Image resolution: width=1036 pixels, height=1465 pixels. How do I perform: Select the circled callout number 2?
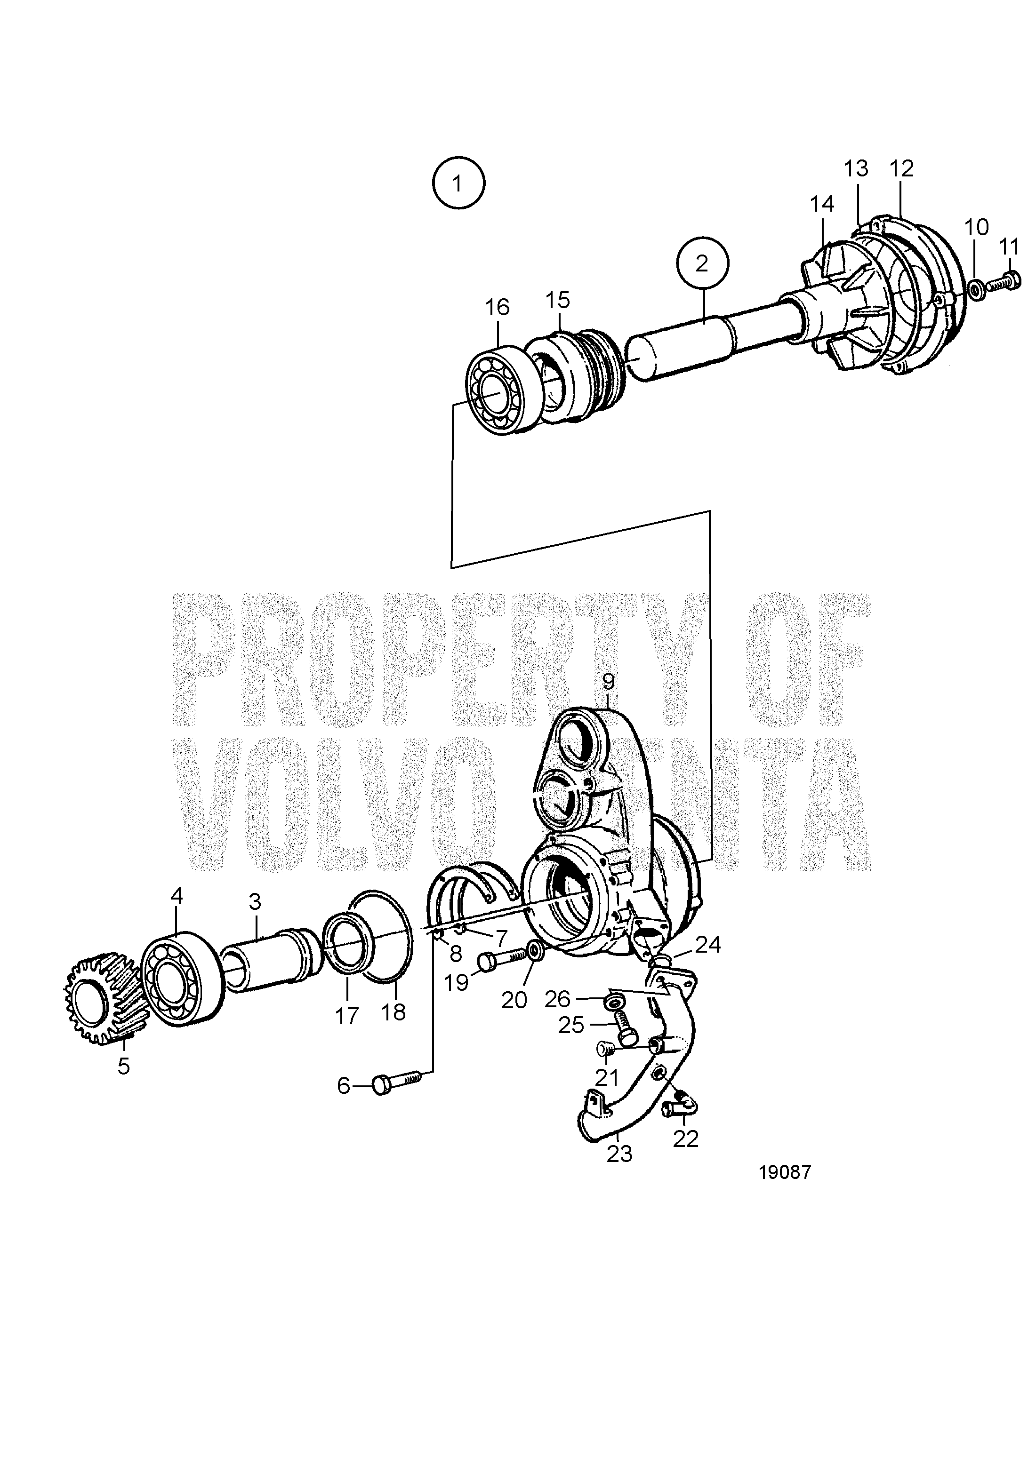pos(703,263)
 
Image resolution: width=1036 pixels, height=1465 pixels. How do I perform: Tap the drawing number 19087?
pos(785,1173)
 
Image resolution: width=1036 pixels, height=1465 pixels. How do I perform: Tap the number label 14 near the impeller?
pos(822,204)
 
